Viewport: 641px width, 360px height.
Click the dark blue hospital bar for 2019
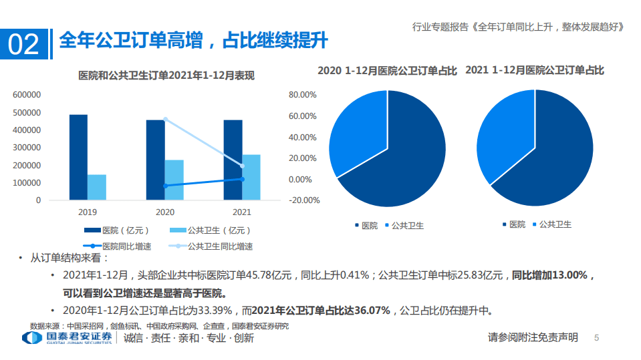(78, 157)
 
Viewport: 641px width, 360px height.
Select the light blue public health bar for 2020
(174, 180)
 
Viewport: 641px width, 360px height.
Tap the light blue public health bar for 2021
(251, 177)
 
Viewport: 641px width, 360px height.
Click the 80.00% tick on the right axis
(302, 95)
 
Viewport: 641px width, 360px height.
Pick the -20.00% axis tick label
(302, 200)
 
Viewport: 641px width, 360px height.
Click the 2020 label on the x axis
(164, 212)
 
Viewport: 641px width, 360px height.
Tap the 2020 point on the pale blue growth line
(165, 120)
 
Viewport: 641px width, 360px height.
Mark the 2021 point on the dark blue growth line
(242, 179)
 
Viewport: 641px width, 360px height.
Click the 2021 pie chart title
(534, 70)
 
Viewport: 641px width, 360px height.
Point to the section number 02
(23, 44)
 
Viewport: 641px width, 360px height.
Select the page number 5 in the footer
(597, 338)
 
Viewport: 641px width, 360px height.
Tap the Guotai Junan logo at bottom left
(67, 338)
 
